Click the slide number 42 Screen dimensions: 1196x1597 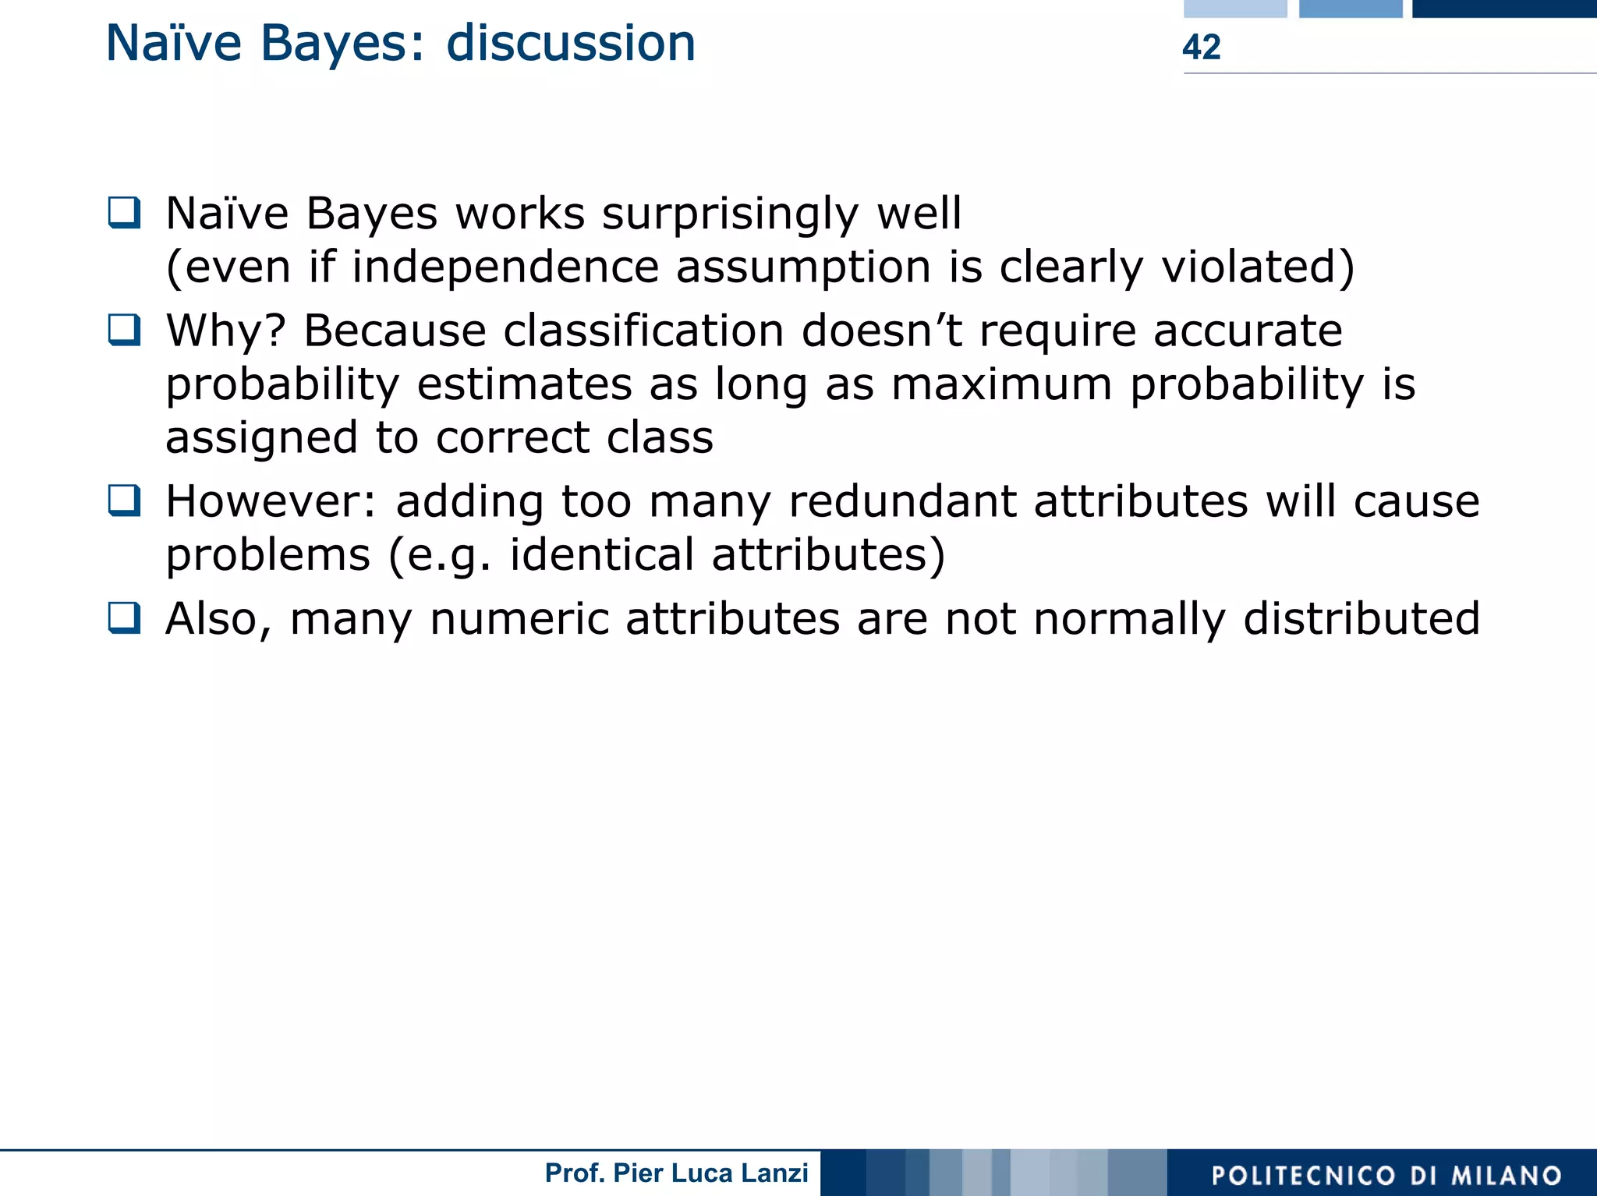1201,48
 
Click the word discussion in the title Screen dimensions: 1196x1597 570,44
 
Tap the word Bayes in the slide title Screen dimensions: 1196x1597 342,44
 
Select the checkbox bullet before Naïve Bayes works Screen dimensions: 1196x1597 125,212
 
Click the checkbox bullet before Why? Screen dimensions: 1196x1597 125,330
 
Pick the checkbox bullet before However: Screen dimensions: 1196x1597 125,501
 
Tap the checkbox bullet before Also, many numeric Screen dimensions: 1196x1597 125,618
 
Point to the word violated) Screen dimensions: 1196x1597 1257,267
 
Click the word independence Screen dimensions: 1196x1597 505,267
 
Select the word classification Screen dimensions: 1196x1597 643,331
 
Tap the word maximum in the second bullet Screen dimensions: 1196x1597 1001,384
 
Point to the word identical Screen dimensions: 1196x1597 601,555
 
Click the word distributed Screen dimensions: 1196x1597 1361,619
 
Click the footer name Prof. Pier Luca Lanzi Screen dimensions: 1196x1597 676,1173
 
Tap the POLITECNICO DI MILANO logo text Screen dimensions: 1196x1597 1386,1175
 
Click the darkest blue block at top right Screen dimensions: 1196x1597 1503,9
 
